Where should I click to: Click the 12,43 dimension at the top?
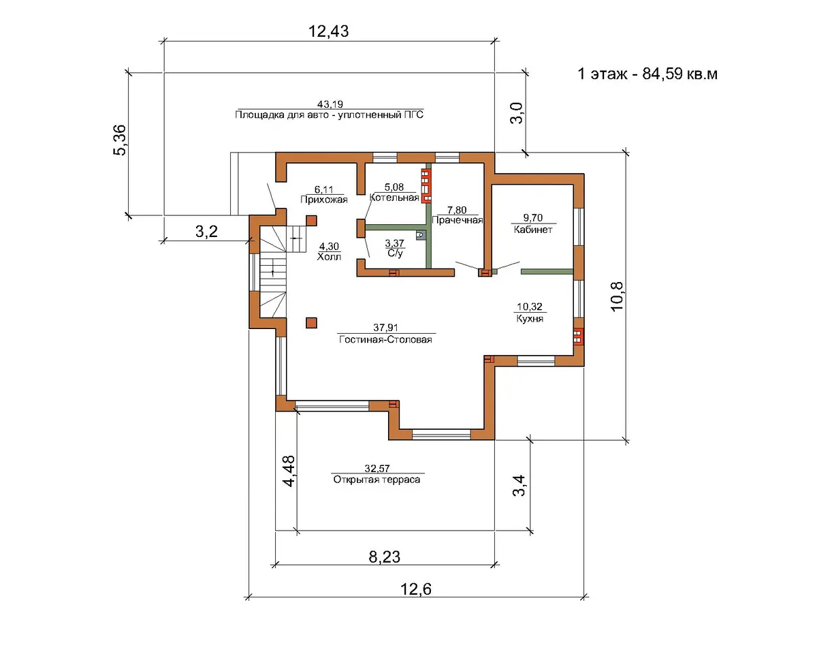click(328, 31)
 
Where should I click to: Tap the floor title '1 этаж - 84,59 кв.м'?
click(647, 74)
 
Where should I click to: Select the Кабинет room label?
click(533, 230)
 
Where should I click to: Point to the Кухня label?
click(530, 318)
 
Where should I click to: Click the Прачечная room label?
click(457, 221)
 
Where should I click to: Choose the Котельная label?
click(394, 198)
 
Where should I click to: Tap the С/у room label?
click(395, 253)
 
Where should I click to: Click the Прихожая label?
click(324, 200)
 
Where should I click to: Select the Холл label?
click(329, 257)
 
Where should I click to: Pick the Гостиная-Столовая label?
click(385, 339)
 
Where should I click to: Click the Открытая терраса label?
click(377, 480)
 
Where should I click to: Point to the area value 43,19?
click(330, 104)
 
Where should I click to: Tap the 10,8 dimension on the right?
click(617, 297)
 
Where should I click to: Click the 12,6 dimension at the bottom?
click(416, 589)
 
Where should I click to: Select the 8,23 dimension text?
click(384, 557)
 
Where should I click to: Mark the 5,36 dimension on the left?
click(119, 140)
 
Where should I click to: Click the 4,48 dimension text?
click(289, 471)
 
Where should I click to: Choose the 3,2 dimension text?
click(206, 232)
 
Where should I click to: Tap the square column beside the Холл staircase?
click(311, 221)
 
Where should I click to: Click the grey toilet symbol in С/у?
click(420, 236)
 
